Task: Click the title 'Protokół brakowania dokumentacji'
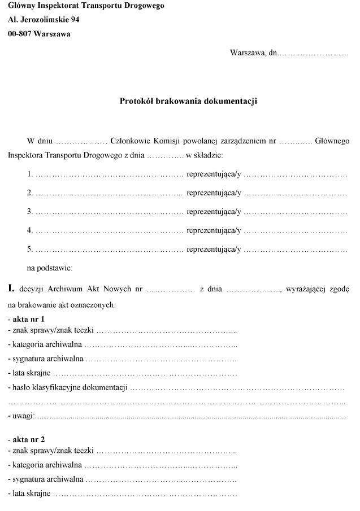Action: [188, 101]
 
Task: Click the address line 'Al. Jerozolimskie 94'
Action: [44, 20]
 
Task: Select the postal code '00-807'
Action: [20, 33]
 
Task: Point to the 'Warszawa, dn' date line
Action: [254, 53]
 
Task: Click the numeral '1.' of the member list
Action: [31, 175]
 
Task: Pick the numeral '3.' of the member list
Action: [31, 212]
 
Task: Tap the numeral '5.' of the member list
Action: [31, 249]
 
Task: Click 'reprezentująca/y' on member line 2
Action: [214, 193]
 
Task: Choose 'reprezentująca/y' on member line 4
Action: [214, 230]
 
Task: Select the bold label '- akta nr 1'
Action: [26, 319]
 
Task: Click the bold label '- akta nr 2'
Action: [26, 439]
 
